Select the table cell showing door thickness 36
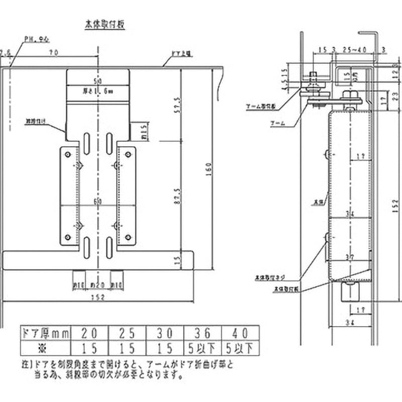204,332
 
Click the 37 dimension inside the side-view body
350,257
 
